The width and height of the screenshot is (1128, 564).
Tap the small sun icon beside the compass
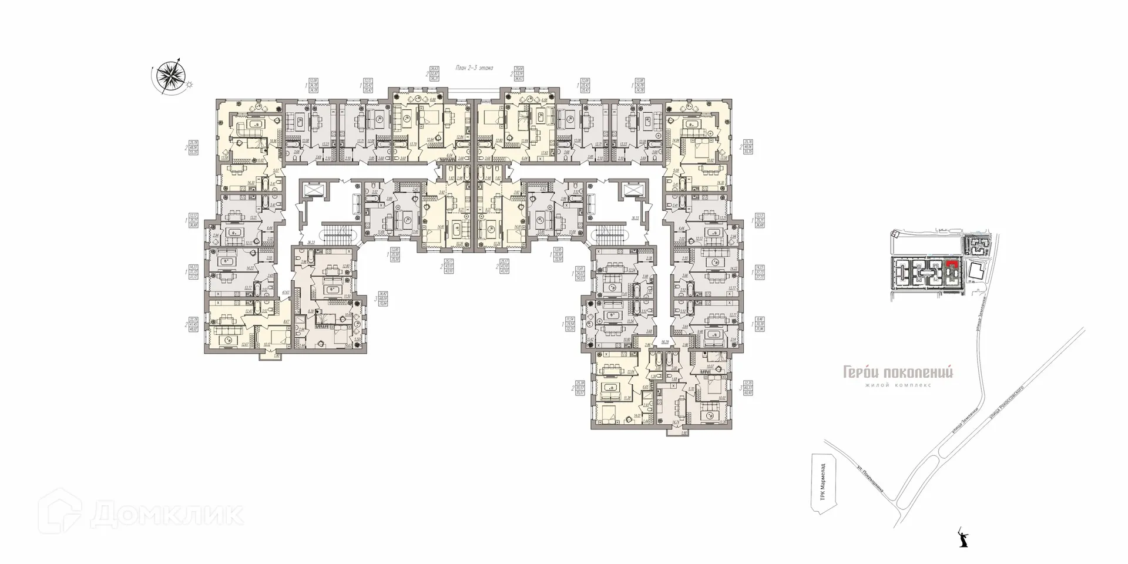[x=189, y=85]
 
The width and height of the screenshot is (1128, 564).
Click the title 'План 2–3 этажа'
[x=475, y=68]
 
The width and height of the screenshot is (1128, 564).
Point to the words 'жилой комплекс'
[x=898, y=385]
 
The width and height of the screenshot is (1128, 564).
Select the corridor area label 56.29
[x=665, y=341]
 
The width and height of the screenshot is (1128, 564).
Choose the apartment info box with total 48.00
[x=193, y=325]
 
